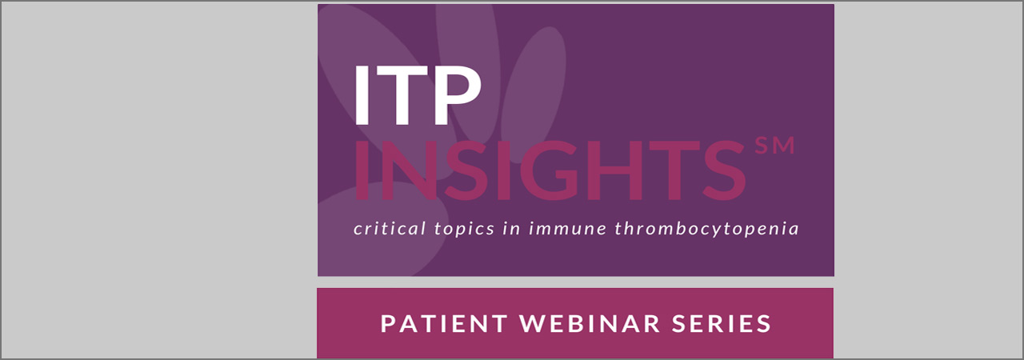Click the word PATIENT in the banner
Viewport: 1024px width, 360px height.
tap(442, 324)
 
